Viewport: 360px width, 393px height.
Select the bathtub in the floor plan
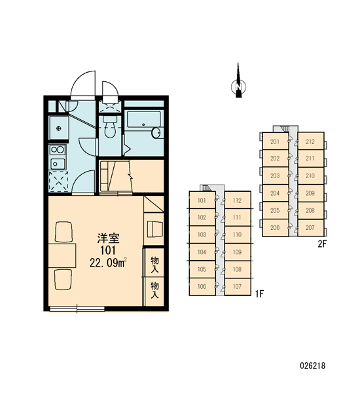[x=143, y=120]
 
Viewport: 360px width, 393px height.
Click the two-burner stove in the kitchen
[x=58, y=150]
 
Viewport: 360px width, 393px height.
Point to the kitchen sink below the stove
[x=58, y=164]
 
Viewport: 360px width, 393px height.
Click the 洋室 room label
[x=108, y=238]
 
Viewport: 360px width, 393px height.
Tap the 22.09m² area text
[x=108, y=263]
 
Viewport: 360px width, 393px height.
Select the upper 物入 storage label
[x=155, y=265]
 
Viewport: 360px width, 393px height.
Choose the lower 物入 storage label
[x=155, y=290]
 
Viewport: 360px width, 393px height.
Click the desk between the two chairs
[x=62, y=255]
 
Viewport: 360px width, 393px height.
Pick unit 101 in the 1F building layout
[x=202, y=200]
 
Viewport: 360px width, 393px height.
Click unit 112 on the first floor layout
[x=237, y=200]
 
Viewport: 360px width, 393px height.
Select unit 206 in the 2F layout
[x=275, y=227]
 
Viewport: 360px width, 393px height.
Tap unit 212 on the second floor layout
[x=310, y=141]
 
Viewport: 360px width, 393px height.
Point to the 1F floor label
[x=260, y=293]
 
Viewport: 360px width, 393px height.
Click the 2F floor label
[x=323, y=244]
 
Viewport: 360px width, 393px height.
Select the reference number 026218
[x=313, y=365]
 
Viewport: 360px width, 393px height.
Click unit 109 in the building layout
[x=237, y=252]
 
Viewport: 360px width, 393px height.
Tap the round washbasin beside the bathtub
[x=156, y=132]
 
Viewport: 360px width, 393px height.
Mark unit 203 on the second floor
[x=275, y=176]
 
